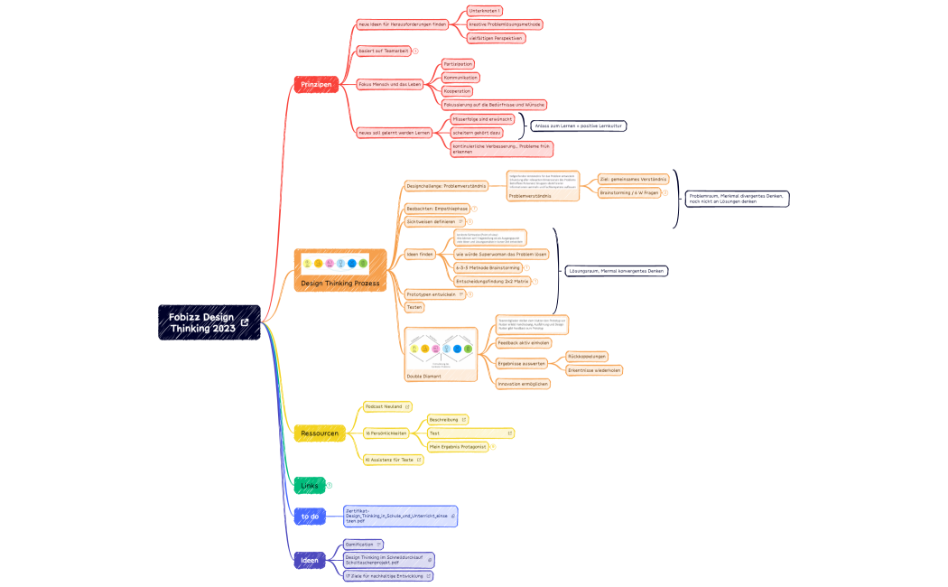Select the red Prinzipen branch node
click(316, 84)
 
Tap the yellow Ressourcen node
click(320, 433)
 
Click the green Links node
click(309, 486)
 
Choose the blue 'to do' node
click(310, 517)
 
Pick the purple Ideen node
click(309, 561)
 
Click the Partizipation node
click(458, 64)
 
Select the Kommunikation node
click(460, 78)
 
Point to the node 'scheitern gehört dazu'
click(477, 132)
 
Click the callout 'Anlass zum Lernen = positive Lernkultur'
click(578, 126)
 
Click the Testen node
click(414, 307)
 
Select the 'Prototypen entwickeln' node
click(431, 294)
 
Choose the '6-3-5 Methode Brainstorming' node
click(487, 267)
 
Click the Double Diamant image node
click(441, 354)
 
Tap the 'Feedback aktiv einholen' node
click(524, 343)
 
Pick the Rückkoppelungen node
click(587, 356)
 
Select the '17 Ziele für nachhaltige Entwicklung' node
click(384, 575)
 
